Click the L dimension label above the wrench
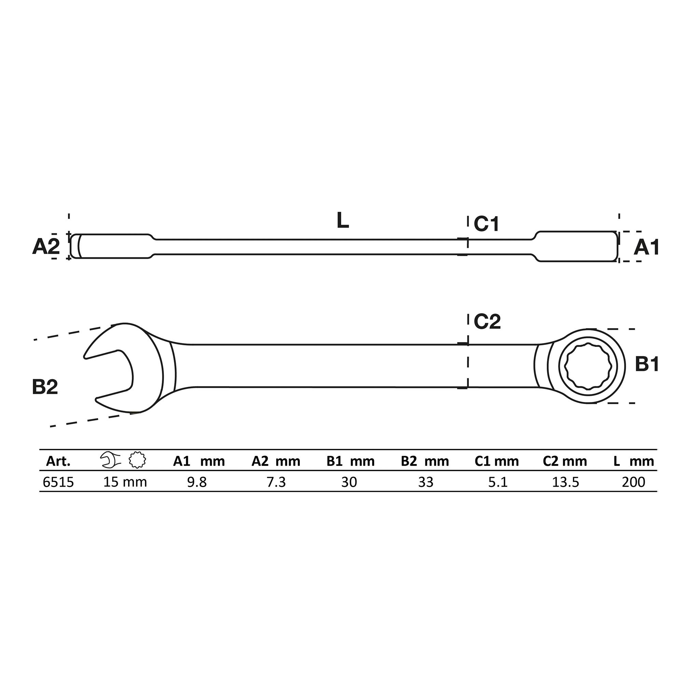(x=342, y=220)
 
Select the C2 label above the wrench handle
(x=487, y=321)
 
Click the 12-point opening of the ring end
(x=588, y=366)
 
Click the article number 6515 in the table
(x=58, y=482)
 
